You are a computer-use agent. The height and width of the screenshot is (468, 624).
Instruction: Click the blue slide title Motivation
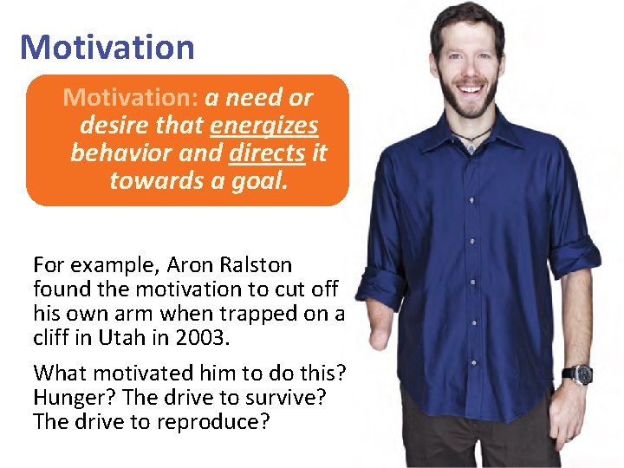(107, 47)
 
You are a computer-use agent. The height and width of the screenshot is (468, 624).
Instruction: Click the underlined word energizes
(263, 126)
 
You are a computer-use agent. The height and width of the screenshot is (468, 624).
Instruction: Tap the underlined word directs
(267, 153)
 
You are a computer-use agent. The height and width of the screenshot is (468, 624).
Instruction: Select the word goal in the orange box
(262, 180)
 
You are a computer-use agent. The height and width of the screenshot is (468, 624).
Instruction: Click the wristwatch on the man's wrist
(580, 374)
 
